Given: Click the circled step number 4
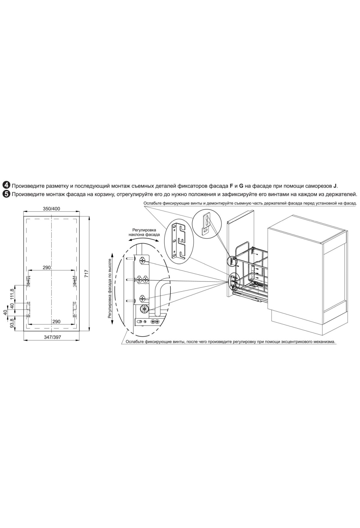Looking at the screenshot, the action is click(x=6, y=186).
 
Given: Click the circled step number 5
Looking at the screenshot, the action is click(x=6, y=194).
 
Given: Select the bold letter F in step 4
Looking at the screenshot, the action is click(x=231, y=186).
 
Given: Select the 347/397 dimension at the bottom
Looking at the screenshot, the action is click(x=52, y=337).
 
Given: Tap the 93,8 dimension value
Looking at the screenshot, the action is click(x=12, y=323).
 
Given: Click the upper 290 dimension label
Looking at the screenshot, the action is click(x=46, y=267).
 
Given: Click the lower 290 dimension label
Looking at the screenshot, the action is click(x=56, y=321).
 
